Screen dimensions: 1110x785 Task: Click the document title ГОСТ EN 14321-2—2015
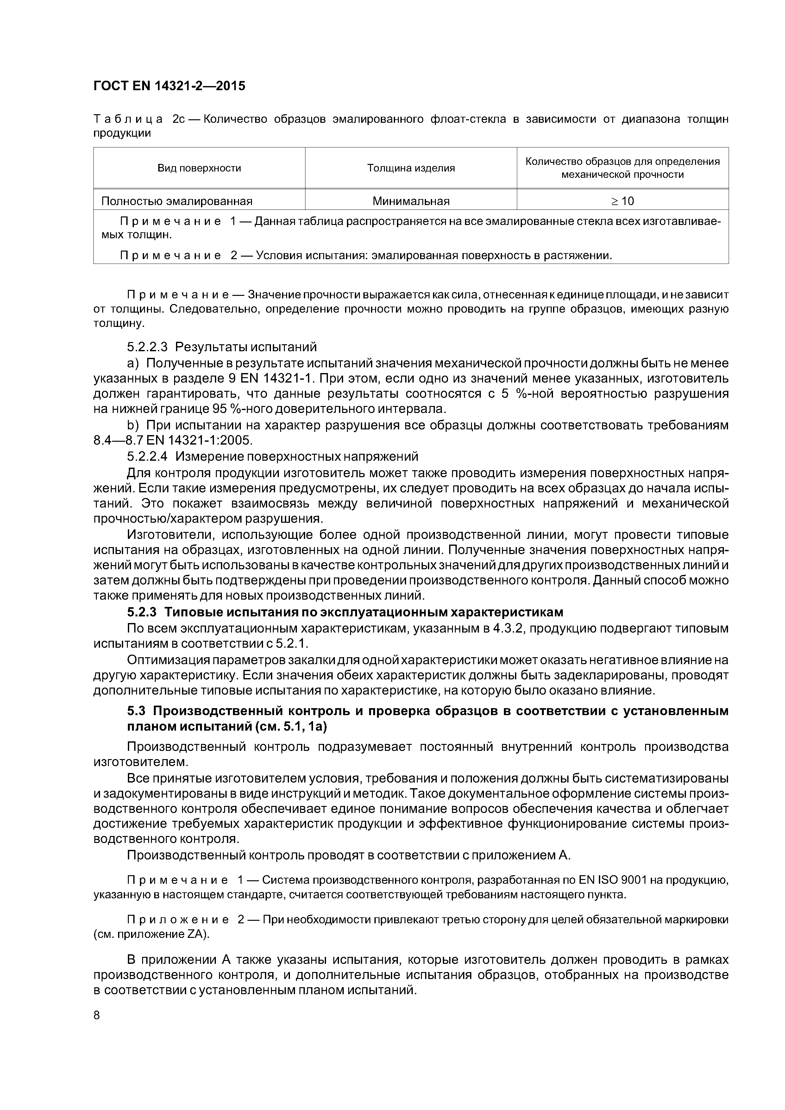click(169, 86)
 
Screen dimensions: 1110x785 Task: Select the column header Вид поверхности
click(199, 168)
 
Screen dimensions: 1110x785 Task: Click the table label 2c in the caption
click(179, 119)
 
